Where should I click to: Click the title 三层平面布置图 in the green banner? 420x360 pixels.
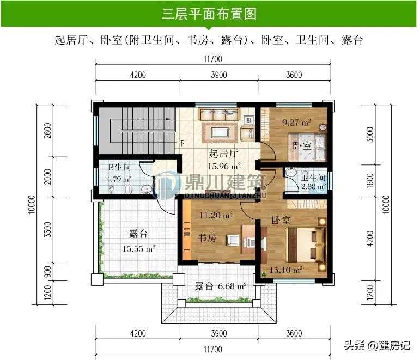[209, 14]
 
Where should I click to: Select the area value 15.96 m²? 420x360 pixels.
[224, 166]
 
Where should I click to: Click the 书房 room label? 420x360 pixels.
[207, 238]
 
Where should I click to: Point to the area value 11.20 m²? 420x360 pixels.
[216, 215]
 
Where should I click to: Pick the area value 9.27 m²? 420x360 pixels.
[296, 123]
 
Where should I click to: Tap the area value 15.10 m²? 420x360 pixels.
[286, 270]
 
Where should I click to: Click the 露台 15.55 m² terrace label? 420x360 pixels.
[139, 241]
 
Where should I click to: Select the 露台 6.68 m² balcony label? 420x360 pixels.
[220, 286]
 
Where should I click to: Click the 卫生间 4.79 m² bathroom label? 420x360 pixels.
[119, 173]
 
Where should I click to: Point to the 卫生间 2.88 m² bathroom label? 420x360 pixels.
[313, 182]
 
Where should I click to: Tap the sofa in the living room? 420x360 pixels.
[218, 114]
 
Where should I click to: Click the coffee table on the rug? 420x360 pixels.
[220, 132]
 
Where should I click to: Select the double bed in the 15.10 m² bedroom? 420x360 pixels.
[306, 245]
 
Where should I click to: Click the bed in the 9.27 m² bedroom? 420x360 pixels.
[307, 147]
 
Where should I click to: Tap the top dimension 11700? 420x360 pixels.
[213, 59]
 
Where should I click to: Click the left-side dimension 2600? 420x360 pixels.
[48, 131]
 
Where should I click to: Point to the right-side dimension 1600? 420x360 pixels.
[370, 180]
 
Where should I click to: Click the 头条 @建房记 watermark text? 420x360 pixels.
[377, 345]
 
